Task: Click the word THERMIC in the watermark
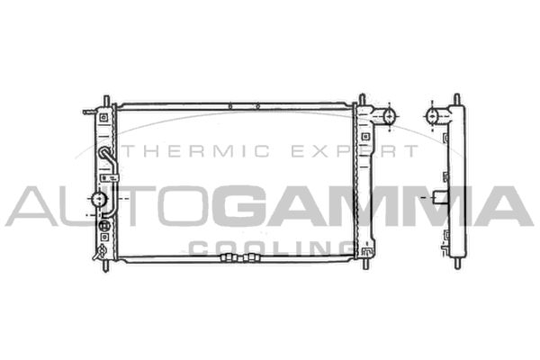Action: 196,151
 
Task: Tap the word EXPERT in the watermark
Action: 355,151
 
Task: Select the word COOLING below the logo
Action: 272,248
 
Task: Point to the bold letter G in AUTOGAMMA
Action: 242,206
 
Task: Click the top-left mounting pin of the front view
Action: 106,101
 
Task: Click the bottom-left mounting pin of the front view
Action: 106,265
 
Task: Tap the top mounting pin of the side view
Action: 457,99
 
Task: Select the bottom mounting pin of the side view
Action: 457,264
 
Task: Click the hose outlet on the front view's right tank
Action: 385,116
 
